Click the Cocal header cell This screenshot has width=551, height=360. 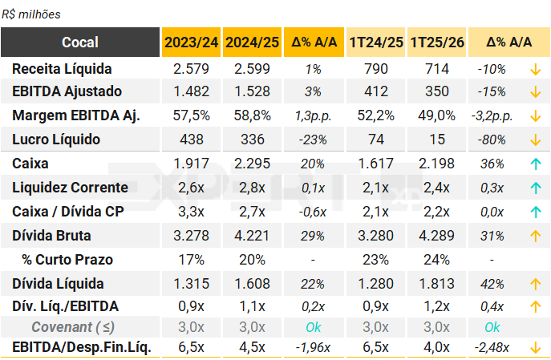pos(80,42)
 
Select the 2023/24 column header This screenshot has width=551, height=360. pos(191,42)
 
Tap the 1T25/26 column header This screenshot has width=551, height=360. pos(437,42)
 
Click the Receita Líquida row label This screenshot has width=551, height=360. pos(62,69)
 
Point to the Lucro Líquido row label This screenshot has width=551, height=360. pos(56,140)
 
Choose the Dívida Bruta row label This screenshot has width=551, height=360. pos(51,236)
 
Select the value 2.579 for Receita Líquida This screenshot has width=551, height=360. pos(191,69)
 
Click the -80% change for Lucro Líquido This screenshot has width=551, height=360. pos(491,140)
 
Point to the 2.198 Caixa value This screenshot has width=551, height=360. pos(437,164)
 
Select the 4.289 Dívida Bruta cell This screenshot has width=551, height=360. pos(437,236)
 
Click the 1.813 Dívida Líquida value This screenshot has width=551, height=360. pos(437,284)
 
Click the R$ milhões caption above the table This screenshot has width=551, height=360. pos(31,14)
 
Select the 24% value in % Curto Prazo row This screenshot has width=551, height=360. pos(437,260)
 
